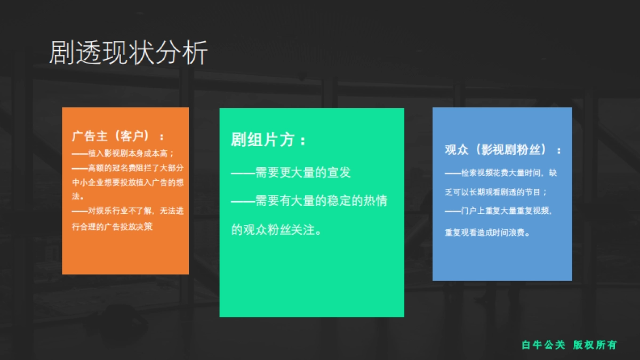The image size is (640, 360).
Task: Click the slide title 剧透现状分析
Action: tap(128, 53)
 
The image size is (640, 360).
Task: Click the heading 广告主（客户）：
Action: tap(118, 135)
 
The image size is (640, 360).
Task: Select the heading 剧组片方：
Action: tap(269, 140)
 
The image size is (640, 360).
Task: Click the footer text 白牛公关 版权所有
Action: tap(569, 345)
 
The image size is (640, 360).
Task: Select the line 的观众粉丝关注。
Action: tap(276, 230)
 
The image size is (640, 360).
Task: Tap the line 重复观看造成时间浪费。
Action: tap(487, 233)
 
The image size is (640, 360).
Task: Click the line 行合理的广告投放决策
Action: tap(112, 226)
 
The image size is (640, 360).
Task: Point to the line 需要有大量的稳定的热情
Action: tap(309, 201)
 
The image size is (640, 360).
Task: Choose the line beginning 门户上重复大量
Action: tap(499, 211)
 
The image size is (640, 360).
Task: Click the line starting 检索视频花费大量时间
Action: tap(501, 173)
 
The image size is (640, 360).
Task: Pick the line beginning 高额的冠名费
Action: tap(128, 168)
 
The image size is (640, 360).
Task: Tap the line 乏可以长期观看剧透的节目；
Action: tap(496, 192)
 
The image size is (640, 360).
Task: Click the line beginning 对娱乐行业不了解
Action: tap(128, 211)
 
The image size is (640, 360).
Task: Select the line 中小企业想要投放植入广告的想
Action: tap(128, 182)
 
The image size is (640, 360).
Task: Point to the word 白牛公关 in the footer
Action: tap(543, 345)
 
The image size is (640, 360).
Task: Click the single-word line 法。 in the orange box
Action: tap(78, 197)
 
